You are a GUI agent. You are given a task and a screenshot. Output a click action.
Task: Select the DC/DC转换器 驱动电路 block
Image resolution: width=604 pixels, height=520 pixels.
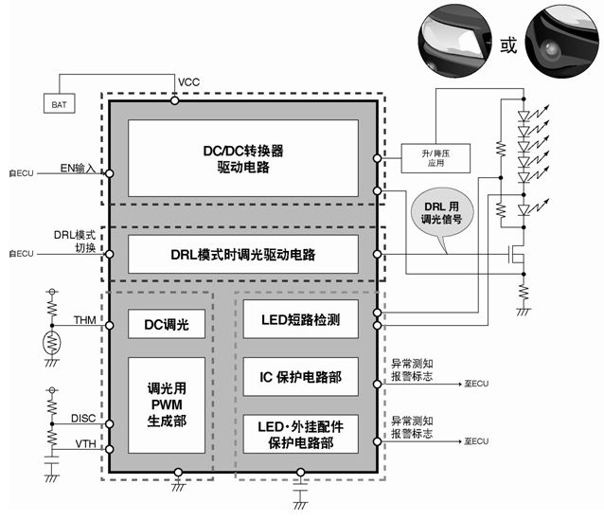coord(243,157)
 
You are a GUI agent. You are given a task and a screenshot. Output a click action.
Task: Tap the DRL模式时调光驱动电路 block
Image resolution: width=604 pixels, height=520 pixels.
coord(243,255)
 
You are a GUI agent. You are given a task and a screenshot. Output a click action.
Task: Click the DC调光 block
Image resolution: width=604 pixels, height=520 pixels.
coord(167,325)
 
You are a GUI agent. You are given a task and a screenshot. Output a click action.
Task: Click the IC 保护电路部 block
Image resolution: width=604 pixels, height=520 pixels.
coord(301,377)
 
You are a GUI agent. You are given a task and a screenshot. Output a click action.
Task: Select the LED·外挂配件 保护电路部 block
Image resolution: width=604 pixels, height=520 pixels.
coord(301,434)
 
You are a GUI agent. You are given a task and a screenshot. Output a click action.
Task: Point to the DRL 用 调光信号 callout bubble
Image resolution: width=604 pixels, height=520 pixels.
coord(444,212)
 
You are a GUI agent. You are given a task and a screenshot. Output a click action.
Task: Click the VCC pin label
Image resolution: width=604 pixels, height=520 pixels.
coord(188,82)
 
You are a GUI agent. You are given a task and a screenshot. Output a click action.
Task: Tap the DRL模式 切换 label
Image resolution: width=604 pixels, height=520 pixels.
coord(75,242)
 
